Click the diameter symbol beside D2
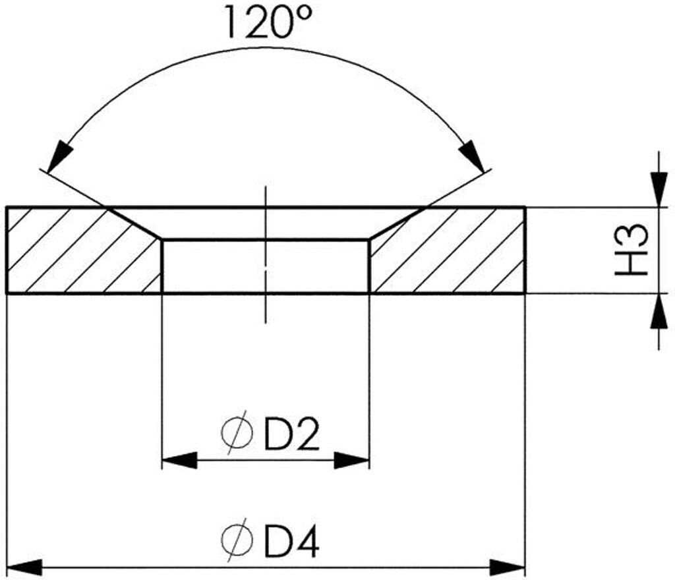tap(237, 432)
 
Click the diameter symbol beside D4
tap(237, 539)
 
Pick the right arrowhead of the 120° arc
tap(472, 156)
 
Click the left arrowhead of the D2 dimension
tap(179, 461)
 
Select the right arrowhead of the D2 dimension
tap(352, 461)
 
